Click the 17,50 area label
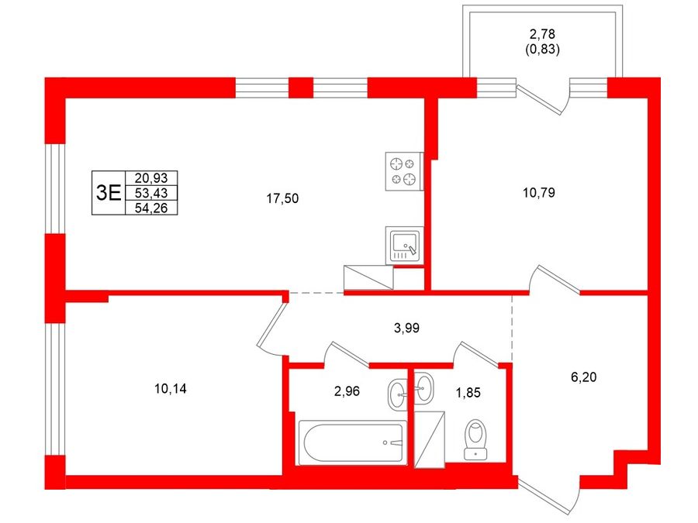tap(282, 198)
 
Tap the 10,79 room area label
tap(539, 193)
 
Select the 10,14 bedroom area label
tap(171, 389)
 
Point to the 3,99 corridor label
tap(407, 329)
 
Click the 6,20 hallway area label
tap(583, 377)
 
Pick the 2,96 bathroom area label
tap(347, 391)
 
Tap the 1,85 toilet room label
tap(468, 393)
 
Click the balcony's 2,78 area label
tap(542, 34)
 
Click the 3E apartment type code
tap(109, 193)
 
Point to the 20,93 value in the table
tap(151, 178)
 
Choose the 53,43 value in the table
tap(151, 193)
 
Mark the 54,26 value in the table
tap(151, 208)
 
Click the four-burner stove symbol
tap(403, 171)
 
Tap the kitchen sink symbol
tap(405, 246)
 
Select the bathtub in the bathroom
tap(353, 442)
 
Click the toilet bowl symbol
tap(475, 439)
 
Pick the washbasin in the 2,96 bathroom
tap(397, 394)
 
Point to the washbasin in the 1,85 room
tap(423, 389)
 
